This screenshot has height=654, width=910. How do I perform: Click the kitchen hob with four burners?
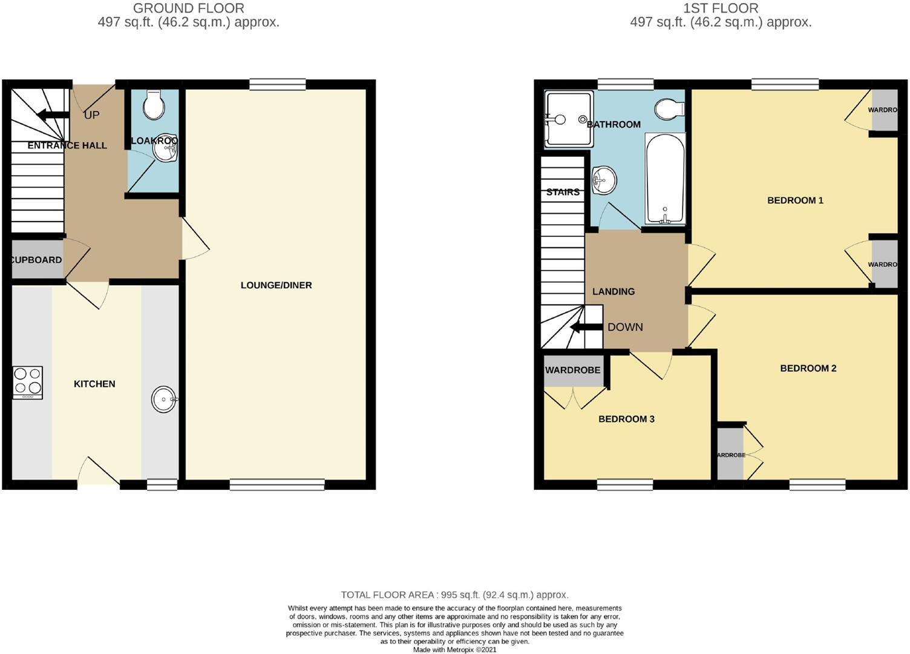(28, 382)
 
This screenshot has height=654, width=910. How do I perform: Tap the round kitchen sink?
(164, 400)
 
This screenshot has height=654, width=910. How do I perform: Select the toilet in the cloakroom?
(154, 105)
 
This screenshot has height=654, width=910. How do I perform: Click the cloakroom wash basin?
(165, 148)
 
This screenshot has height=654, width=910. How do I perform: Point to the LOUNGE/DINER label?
(276, 285)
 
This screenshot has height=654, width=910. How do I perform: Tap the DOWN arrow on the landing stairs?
(585, 328)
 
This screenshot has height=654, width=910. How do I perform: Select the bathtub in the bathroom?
(665, 179)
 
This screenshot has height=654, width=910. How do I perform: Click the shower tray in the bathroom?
(568, 119)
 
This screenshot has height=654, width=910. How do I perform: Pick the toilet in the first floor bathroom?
(669, 109)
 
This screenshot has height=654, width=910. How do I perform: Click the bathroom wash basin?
(603, 180)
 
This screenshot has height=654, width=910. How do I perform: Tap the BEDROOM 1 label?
(795, 200)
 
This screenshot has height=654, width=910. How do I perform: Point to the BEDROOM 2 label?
(808, 368)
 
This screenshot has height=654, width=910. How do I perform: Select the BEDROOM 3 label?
(626, 419)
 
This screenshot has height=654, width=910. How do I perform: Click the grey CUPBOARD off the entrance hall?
(37, 260)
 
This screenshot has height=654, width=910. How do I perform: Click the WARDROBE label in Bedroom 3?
(572, 370)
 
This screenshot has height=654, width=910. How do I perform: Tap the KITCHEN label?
(94, 384)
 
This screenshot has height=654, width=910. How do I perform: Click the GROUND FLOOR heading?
(189, 8)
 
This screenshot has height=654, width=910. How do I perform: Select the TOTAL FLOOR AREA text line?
(454, 595)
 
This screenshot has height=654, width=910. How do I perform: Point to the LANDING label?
(614, 291)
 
